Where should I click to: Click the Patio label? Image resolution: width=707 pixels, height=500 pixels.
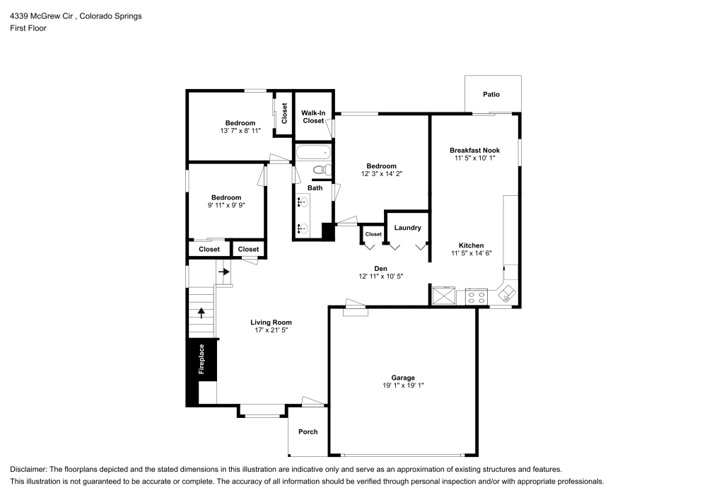(x=491, y=94)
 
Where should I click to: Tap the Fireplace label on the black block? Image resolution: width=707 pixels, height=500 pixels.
(x=201, y=359)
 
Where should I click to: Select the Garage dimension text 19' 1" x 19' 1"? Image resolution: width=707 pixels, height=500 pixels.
(x=403, y=385)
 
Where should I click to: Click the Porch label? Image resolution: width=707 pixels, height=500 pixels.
(x=308, y=431)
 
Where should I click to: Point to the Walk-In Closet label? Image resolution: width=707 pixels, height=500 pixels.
(x=313, y=117)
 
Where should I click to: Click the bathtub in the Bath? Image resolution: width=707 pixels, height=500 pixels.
(x=314, y=152)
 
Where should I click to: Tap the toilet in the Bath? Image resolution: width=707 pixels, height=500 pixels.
(x=322, y=170)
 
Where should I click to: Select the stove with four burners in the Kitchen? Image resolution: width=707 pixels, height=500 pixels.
(x=477, y=297)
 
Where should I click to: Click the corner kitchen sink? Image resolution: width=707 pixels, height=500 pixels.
(x=507, y=293)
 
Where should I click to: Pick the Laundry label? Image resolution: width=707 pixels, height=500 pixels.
(x=408, y=228)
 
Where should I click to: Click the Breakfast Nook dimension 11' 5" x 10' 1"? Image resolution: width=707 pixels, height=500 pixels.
(x=475, y=158)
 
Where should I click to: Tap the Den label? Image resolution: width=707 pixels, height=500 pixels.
(x=380, y=268)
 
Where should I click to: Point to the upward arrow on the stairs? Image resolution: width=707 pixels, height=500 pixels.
(x=201, y=313)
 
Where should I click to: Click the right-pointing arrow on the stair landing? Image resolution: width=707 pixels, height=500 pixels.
(x=224, y=272)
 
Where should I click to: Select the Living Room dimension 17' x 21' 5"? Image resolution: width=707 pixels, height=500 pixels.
(x=271, y=330)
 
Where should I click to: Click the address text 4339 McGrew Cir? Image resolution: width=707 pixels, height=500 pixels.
(x=42, y=16)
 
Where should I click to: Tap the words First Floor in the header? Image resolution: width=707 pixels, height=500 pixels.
(x=28, y=28)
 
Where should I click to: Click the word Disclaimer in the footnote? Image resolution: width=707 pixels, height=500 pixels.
(x=28, y=470)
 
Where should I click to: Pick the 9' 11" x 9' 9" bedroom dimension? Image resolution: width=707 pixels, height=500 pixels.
(x=226, y=205)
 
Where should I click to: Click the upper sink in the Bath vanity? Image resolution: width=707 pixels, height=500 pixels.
(x=302, y=202)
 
